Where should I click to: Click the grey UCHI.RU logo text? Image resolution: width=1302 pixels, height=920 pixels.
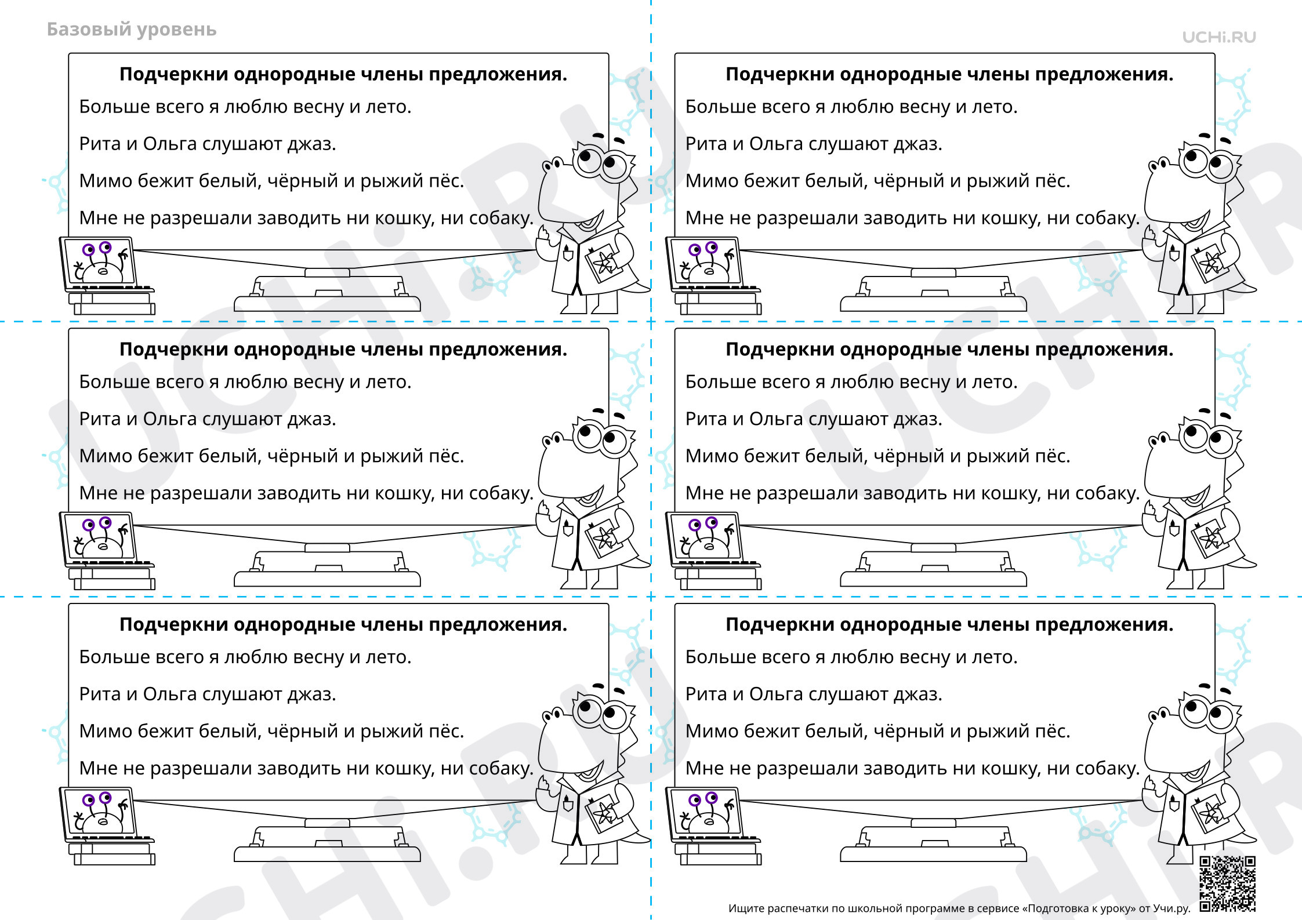point(1219,37)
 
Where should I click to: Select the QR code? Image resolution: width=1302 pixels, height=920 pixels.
point(1227,883)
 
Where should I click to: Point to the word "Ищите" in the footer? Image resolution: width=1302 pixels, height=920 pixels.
point(746,908)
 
